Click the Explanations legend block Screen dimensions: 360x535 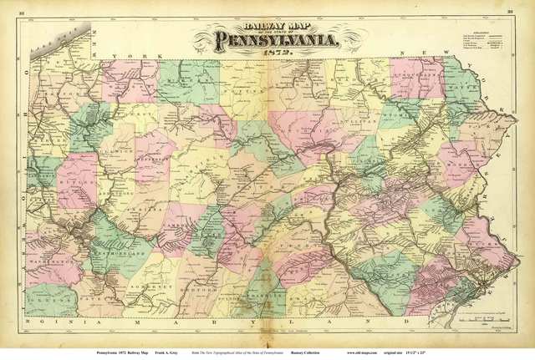(481, 40)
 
